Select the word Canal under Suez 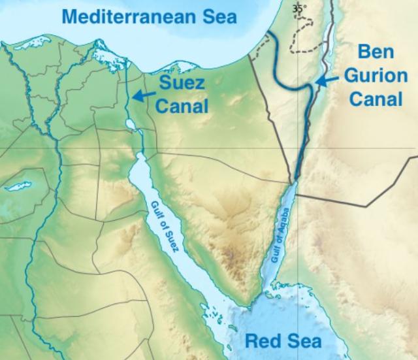point(183,106)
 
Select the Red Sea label point(282,342)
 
